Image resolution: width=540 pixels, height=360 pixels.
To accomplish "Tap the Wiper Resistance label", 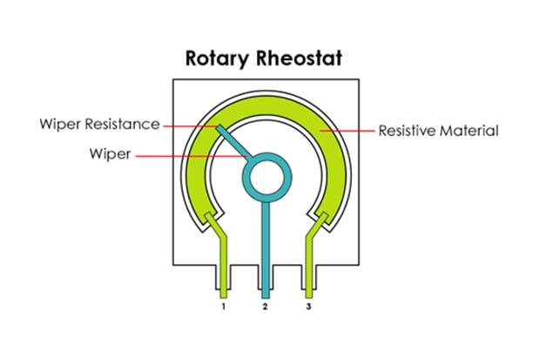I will click(99, 124).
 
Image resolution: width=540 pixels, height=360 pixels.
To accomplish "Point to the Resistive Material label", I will click(438, 132).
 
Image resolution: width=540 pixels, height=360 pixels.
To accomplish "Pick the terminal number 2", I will click(265, 309).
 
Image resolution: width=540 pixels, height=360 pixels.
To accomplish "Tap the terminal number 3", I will click(307, 309).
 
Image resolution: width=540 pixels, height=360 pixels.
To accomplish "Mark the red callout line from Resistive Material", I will click(348, 132).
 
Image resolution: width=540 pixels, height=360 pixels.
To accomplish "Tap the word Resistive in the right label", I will click(407, 132).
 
